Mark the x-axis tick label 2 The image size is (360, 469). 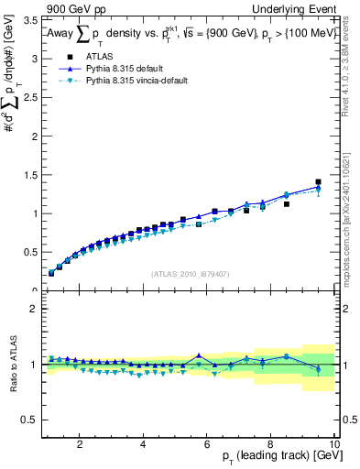click(81, 444)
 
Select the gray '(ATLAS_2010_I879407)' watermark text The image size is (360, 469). click(190, 274)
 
